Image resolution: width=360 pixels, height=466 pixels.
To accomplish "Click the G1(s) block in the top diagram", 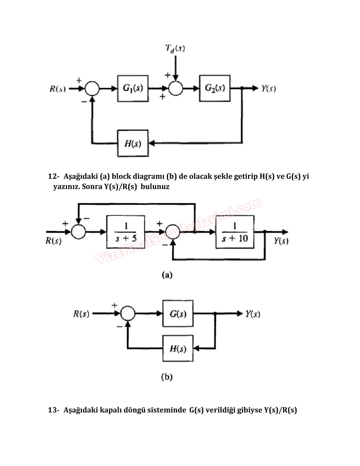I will pos(133,88).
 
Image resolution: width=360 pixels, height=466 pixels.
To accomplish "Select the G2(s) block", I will pos(215,88).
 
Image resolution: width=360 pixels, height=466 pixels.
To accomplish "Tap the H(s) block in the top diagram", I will pos(133,143).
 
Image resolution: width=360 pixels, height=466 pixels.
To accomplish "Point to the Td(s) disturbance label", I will pos(175,48).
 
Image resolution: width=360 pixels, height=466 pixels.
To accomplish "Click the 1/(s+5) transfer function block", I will pos(126,232).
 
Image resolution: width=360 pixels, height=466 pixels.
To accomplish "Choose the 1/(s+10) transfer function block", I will pos(235,232).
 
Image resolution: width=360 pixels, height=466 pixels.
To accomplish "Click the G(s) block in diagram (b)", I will pos(178,313).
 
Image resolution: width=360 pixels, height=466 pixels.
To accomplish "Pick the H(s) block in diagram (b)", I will pos(178,349).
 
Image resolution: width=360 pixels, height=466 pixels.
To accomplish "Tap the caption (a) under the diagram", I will pos(167,275).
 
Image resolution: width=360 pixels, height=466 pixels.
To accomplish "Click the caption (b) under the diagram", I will pos(167,377).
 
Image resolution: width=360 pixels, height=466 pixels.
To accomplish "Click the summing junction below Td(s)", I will pos(175,88).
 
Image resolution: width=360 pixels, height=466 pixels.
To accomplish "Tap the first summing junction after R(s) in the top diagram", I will pos(92,88).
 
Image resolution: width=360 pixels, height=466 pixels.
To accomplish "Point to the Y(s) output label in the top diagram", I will pos(269,89).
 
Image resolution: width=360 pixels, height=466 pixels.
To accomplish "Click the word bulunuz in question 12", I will pos(155,186).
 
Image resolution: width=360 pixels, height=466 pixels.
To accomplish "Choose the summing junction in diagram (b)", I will pos(128,313).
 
